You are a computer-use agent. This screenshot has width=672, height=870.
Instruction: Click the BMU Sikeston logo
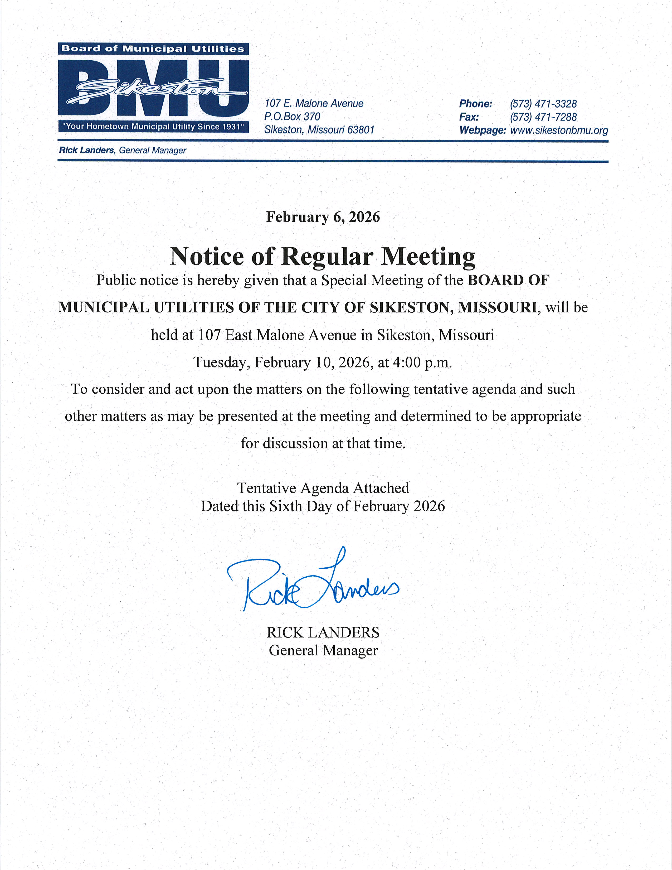click(x=153, y=88)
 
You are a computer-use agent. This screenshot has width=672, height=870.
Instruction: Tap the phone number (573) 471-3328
click(x=543, y=104)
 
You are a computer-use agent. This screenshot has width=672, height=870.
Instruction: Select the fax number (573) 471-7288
click(x=543, y=117)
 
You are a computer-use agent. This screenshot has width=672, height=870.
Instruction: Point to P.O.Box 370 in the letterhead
click(x=292, y=117)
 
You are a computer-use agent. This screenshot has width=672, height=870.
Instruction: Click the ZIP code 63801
click(x=361, y=130)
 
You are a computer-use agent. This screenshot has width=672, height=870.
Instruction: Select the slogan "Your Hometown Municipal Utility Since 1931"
click(x=153, y=127)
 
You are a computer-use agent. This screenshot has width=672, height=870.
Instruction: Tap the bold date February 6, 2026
click(x=323, y=217)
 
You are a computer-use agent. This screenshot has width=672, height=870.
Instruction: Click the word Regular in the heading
click(x=327, y=256)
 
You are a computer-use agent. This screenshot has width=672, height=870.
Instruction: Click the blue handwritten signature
click(x=313, y=584)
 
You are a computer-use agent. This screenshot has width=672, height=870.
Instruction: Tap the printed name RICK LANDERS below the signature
click(x=323, y=632)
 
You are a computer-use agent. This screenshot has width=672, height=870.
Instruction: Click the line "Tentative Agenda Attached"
click(x=323, y=488)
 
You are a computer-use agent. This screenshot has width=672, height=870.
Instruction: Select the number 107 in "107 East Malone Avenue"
click(x=210, y=335)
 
